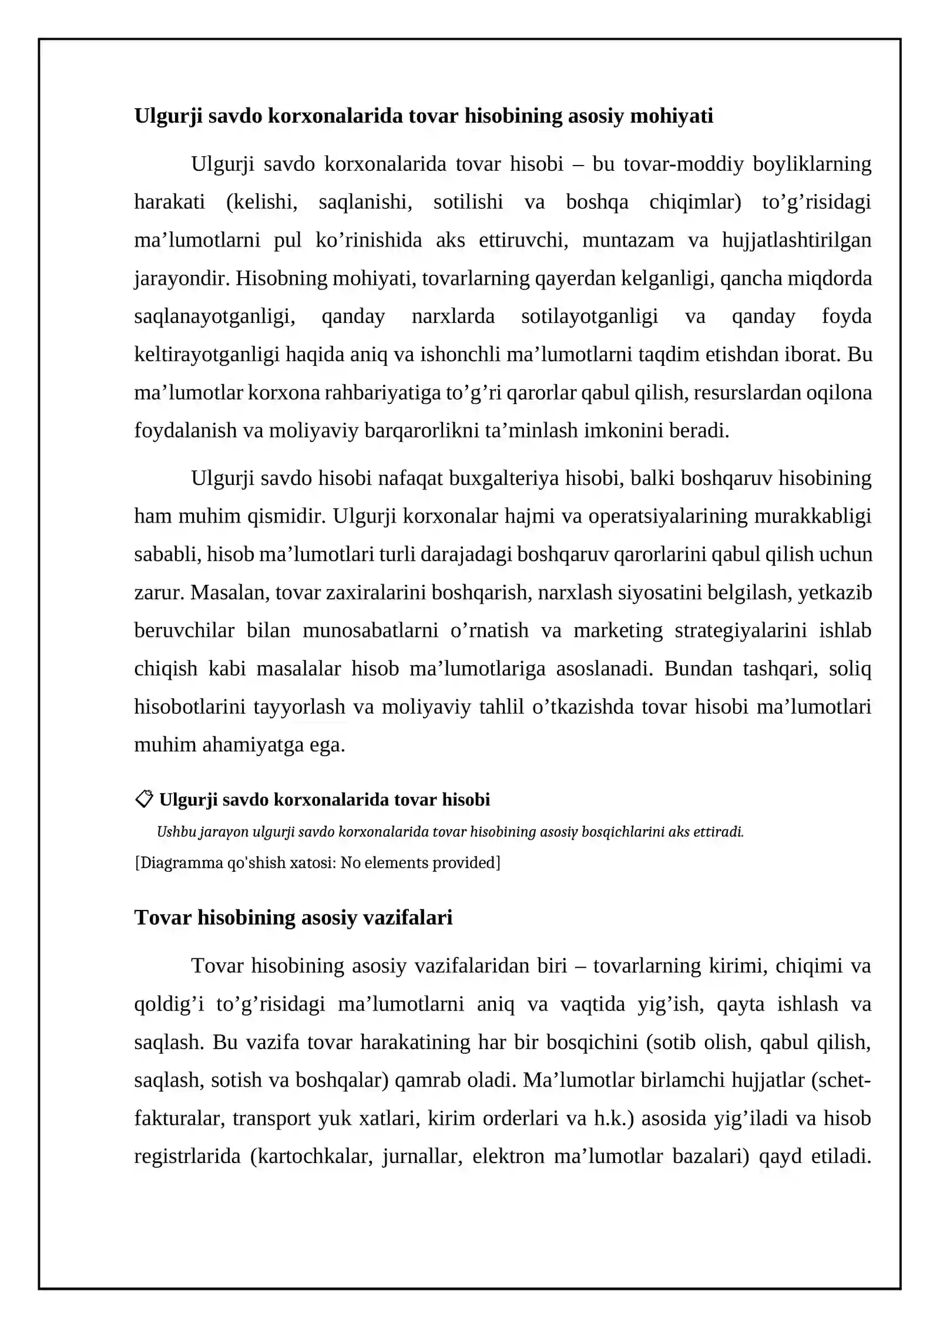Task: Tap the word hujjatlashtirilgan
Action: point(796,240)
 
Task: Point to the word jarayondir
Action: point(181,278)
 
